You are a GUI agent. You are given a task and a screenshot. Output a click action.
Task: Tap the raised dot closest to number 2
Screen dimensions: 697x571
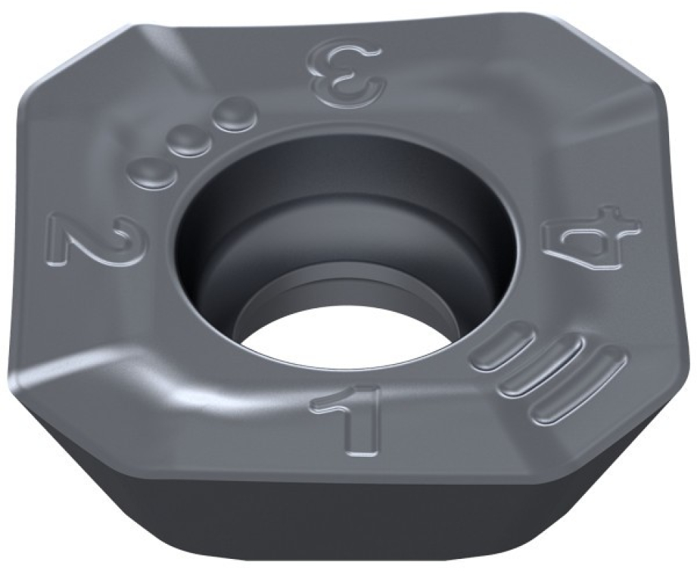pos(150,170)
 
